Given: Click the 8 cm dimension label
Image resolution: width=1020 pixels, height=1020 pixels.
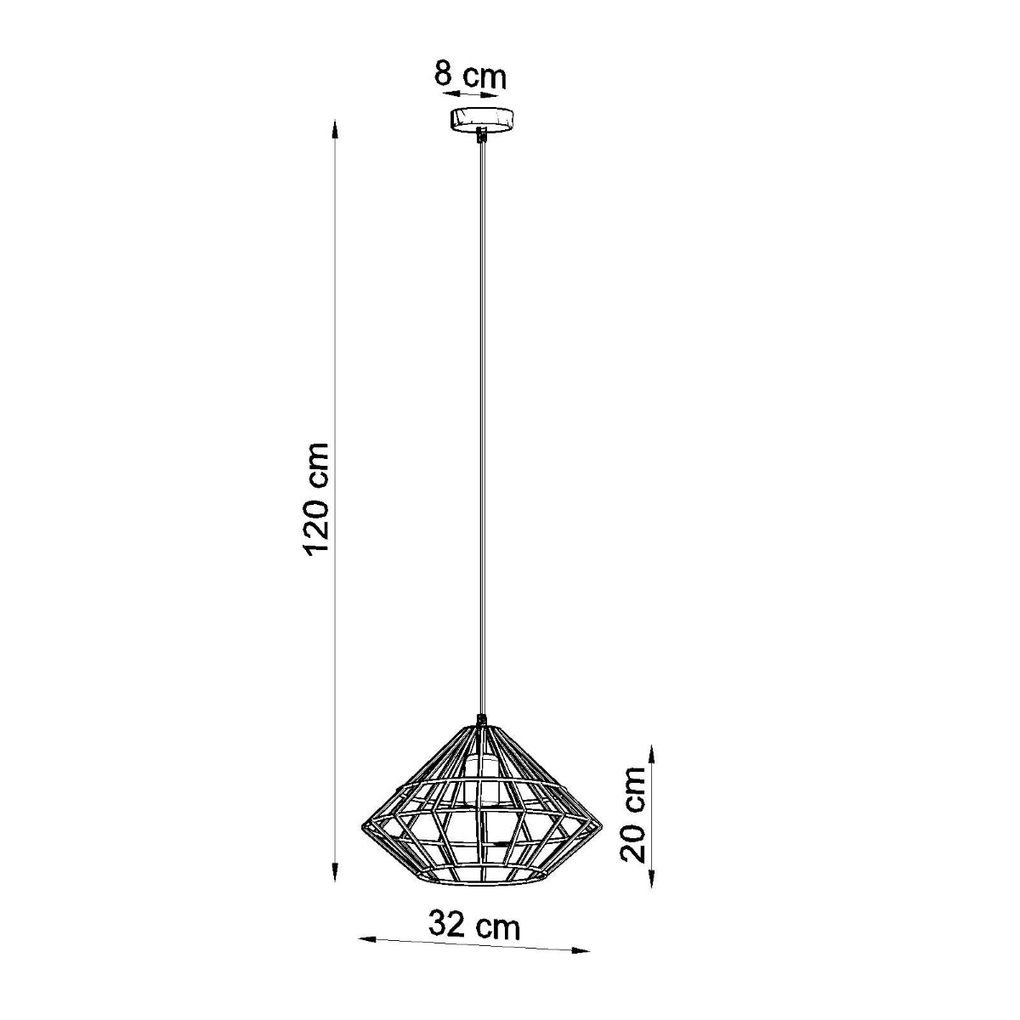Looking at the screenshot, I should coord(470,75).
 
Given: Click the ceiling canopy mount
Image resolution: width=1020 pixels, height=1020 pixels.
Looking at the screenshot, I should coord(482,118).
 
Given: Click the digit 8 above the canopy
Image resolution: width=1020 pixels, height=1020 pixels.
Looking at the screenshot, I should coord(443,74).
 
